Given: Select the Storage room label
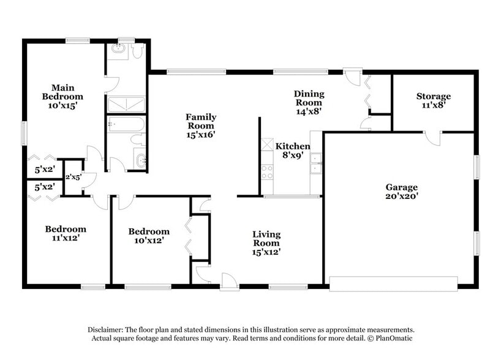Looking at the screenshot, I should pyautogui.click(x=433, y=96).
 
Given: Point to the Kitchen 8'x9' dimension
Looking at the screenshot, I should pyautogui.click(x=292, y=156).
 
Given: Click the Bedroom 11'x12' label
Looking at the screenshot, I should pyautogui.click(x=66, y=230).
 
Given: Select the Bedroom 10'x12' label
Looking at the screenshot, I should pyautogui.click(x=148, y=231).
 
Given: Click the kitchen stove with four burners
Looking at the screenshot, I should pyautogui.click(x=267, y=172).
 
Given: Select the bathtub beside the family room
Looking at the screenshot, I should pyautogui.click(x=126, y=125).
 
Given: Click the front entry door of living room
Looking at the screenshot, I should pyautogui.click(x=229, y=281).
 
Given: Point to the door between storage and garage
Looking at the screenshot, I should pyautogui.click(x=432, y=138).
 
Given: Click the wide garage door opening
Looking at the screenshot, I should pyautogui.click(x=393, y=283).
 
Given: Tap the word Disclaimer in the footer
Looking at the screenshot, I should pyautogui.click(x=107, y=329).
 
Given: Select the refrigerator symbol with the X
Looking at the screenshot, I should pyautogui.click(x=267, y=144).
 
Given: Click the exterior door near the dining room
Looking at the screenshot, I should pyautogui.click(x=352, y=77).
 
